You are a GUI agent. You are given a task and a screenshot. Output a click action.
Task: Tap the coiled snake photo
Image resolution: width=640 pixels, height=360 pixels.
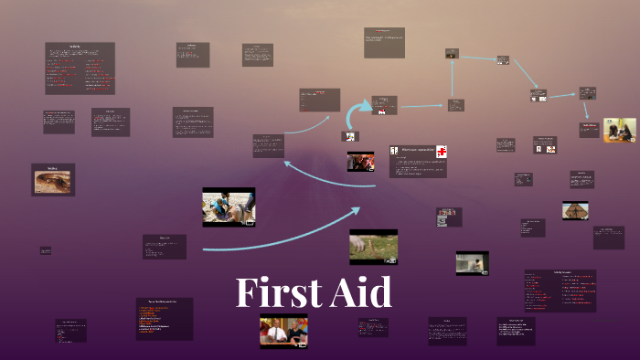pos(53,181)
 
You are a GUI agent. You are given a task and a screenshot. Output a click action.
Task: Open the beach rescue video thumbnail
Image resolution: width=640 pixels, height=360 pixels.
pos(229,207)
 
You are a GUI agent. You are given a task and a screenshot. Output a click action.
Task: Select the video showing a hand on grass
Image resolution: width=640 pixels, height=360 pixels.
pos(373,247)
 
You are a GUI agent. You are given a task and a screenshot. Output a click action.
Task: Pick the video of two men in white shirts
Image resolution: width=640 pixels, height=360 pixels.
pos(283,332)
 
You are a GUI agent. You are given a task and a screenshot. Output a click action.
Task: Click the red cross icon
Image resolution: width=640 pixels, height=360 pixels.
pos(441,151)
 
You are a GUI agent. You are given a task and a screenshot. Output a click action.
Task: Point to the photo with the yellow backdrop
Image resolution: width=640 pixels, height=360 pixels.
pos(619,130)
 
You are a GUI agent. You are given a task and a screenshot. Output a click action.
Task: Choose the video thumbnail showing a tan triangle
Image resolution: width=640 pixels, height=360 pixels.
pos(575,210)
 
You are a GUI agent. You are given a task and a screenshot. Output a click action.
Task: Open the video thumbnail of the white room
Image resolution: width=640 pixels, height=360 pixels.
pos(472,263)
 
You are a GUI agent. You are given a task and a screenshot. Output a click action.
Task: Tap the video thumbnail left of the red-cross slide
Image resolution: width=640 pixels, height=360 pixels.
pos(360,162)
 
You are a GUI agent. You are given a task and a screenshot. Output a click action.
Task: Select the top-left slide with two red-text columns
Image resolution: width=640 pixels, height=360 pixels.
pos(80,69)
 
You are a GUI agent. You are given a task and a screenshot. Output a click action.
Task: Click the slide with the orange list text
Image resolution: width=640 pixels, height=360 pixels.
pos(165,318)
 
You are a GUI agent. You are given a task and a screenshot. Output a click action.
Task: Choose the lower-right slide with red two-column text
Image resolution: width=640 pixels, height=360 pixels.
pos(560,291)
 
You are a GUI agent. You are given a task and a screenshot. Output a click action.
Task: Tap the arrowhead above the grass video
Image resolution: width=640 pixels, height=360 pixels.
pos(356,213)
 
